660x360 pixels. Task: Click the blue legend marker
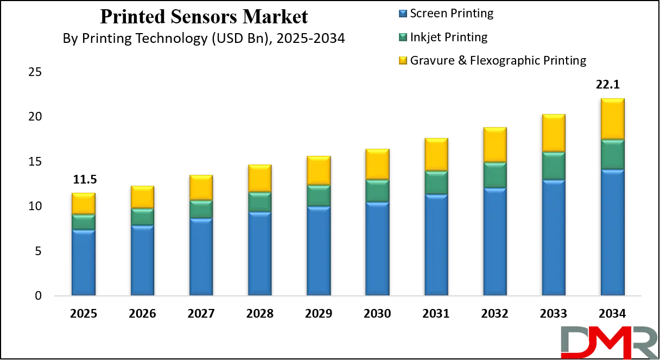402,13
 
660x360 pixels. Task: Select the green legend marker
402,37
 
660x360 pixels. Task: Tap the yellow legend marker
402,60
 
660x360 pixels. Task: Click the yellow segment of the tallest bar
612,118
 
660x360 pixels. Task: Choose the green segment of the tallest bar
612,155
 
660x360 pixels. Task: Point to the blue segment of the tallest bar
612,232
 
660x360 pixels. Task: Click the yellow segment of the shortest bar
84,204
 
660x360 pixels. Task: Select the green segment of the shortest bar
84,222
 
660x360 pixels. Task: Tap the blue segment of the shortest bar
84,263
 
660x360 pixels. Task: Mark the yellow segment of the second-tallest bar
554,133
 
